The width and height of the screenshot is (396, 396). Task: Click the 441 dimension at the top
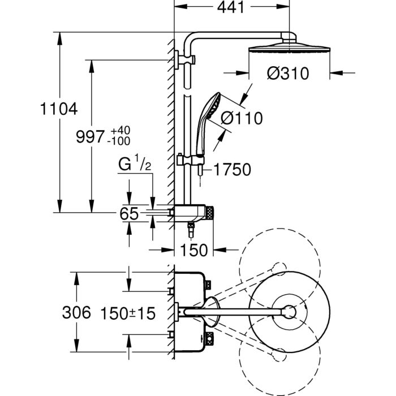229,8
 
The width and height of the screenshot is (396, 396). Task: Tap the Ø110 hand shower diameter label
242,118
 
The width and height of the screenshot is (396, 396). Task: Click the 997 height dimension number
91,136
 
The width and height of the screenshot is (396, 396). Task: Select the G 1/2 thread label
134,166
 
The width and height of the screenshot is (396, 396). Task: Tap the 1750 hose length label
232,169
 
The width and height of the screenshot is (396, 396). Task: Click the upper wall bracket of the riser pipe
185,58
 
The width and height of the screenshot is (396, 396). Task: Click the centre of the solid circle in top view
289,311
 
